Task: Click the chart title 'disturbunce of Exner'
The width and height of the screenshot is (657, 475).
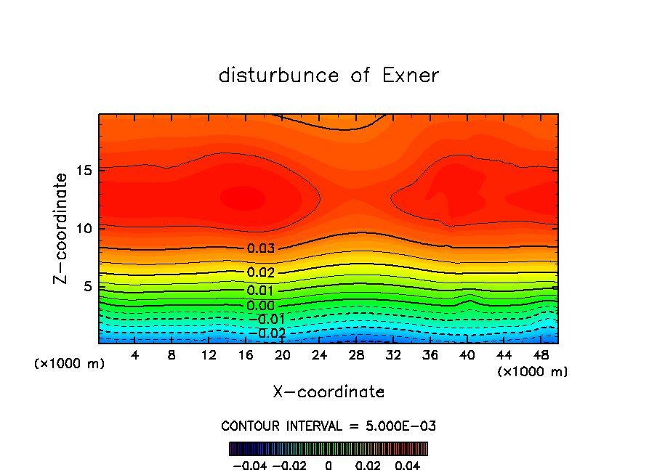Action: click(328, 76)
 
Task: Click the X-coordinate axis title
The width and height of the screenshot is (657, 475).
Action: click(328, 392)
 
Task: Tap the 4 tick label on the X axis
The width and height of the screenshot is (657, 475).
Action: click(135, 355)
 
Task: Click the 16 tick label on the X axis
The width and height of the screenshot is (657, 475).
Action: click(246, 355)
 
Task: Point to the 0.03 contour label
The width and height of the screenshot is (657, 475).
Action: click(261, 248)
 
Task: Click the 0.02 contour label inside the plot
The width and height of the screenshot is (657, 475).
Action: click(261, 273)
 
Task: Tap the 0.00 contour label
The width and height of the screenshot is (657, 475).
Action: click(261, 306)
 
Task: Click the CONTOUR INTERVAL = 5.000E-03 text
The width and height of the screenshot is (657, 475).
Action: click(328, 426)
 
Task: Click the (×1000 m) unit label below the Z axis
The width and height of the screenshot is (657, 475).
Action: click(70, 364)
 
